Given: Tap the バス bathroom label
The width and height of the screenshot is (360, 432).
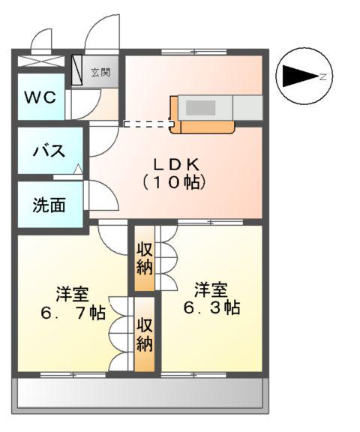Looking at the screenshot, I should (x=48, y=150).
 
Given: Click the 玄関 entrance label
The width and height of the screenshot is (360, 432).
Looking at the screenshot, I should (x=100, y=73).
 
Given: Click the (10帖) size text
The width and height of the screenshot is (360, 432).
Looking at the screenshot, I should (x=174, y=182).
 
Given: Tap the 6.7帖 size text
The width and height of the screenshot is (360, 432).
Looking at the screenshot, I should (x=73, y=313).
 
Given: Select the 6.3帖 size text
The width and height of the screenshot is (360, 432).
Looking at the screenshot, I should (x=211, y=307).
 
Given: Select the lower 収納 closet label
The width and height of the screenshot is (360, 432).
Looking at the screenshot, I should (x=145, y=335).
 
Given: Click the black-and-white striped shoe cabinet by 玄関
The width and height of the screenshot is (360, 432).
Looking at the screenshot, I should (x=77, y=70).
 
